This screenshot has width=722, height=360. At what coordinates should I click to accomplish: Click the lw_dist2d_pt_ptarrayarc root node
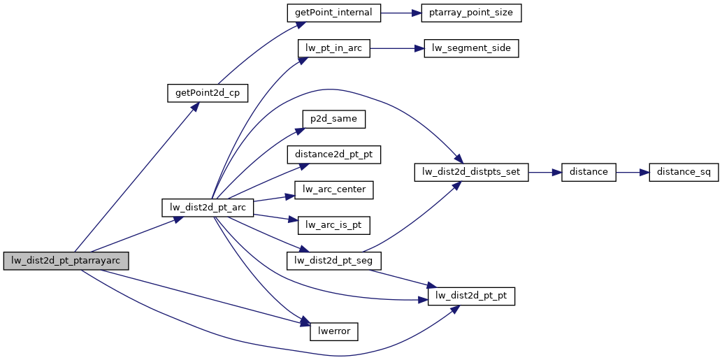point(66,261)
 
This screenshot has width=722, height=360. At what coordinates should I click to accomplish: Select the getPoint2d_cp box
point(208,93)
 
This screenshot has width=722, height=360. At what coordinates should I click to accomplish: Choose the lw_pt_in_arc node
point(333,49)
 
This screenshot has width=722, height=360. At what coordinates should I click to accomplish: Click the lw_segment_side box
point(471,49)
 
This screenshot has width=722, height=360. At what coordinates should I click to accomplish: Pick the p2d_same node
point(334,119)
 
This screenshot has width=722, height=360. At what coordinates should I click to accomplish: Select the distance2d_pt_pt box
point(334,154)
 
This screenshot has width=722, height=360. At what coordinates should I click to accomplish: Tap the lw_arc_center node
point(334,189)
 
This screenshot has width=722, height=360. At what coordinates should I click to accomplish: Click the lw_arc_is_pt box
point(334,225)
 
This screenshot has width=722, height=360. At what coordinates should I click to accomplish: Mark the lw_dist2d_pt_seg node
point(334,261)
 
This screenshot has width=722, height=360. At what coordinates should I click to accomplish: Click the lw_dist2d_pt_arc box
point(208,208)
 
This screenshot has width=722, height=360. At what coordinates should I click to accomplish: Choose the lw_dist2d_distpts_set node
point(472,172)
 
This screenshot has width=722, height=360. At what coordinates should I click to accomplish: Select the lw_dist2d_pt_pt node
point(471,296)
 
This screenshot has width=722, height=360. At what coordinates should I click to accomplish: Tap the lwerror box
point(334,331)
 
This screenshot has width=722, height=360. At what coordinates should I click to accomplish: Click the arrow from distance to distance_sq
point(633,172)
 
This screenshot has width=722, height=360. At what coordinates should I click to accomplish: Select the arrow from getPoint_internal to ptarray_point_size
point(400,13)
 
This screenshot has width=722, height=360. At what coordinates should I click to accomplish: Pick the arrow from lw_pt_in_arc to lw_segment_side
point(396,49)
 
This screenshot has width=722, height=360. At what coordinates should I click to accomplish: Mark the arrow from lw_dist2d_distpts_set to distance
point(545,172)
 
